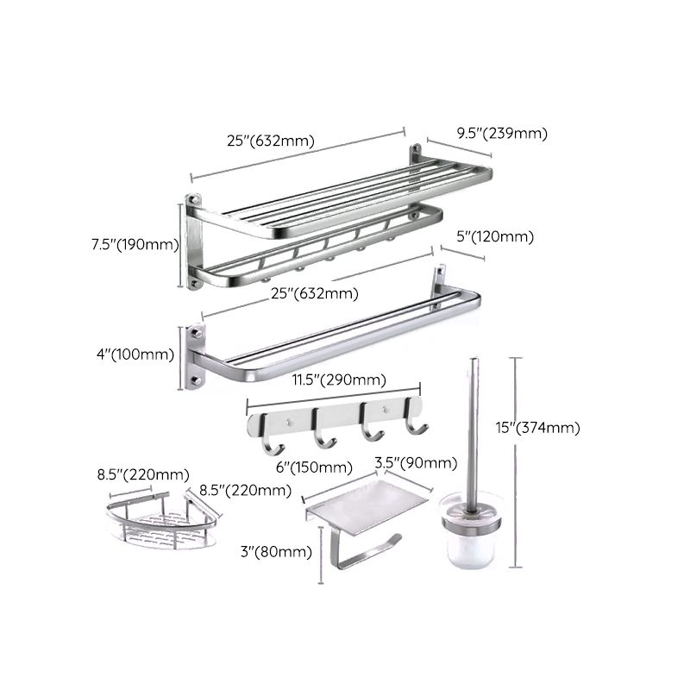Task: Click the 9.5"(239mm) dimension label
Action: (x=502, y=133)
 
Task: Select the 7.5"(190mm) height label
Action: (x=133, y=244)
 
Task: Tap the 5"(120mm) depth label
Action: (x=494, y=236)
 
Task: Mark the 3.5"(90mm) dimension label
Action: (x=416, y=463)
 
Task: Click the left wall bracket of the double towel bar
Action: (x=195, y=357)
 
